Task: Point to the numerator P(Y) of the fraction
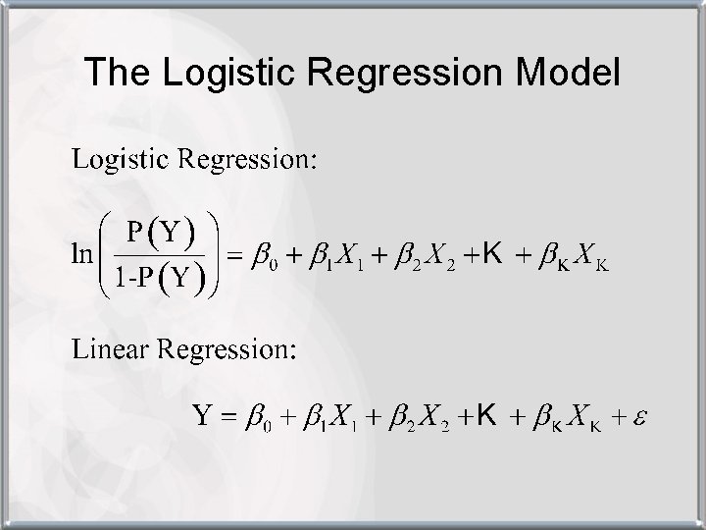click(161, 233)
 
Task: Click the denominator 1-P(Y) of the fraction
click(161, 279)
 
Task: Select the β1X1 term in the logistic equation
click(334, 257)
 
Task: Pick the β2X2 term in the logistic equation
click(419, 257)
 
